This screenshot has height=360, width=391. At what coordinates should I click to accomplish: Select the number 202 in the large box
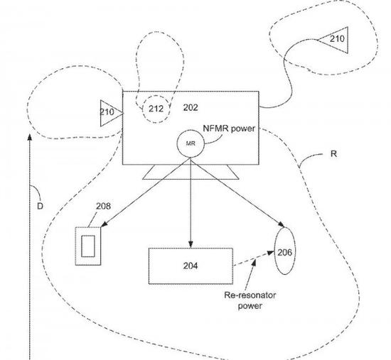[x=191, y=108]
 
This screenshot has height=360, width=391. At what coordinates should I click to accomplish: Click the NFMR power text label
[x=229, y=129]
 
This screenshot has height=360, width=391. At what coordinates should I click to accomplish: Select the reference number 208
[x=103, y=206]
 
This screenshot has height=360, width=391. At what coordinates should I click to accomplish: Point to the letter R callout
[x=333, y=154]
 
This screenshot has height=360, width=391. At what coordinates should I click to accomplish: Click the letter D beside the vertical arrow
[x=40, y=206]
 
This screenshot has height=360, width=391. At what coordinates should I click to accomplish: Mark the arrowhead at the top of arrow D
[x=30, y=138]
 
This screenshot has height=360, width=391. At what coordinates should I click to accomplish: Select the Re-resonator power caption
[x=250, y=300]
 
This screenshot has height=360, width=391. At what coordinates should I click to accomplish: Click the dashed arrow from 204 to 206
[x=253, y=258]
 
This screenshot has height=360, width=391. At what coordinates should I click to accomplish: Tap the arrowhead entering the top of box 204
[x=191, y=244]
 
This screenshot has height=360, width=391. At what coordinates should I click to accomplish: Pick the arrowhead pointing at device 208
[x=104, y=224]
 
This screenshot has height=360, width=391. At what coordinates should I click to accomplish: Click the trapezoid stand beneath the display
[x=191, y=172]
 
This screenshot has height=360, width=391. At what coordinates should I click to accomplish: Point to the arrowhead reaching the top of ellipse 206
[x=281, y=224]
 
